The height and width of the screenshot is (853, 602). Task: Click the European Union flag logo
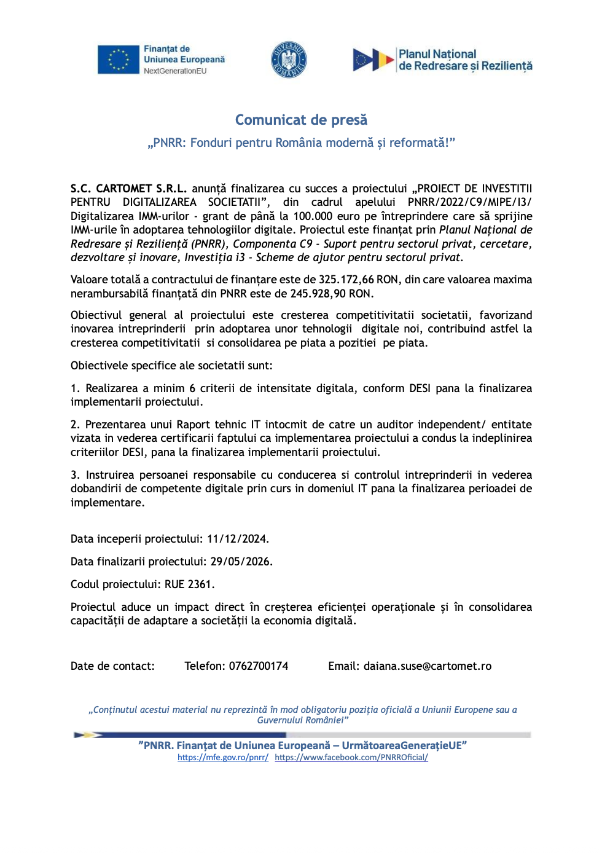[x=119, y=60]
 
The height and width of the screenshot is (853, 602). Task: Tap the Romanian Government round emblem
[x=289, y=60]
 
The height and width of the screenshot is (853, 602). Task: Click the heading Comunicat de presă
[x=301, y=120]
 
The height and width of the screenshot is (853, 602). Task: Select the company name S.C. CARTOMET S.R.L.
[x=128, y=189]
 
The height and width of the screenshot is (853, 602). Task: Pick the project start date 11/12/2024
[x=237, y=539]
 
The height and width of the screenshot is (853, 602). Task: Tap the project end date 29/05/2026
[x=240, y=562]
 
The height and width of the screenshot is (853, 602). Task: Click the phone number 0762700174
[x=258, y=666]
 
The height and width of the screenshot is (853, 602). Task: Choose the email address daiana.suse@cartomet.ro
[x=427, y=666]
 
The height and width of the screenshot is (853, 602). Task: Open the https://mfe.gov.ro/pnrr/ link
[x=222, y=758]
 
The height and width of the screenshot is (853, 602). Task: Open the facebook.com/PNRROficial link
[x=351, y=758]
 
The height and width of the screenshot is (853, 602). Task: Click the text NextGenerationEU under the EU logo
[x=175, y=71]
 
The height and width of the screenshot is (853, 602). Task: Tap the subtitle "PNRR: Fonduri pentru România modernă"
[x=301, y=143]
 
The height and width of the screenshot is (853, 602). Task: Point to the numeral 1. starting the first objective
[x=75, y=388]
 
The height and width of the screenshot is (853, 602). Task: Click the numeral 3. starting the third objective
[x=75, y=475]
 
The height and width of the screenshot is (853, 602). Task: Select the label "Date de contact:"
[x=112, y=666]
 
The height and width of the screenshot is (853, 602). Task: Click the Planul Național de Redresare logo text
[x=465, y=60]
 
